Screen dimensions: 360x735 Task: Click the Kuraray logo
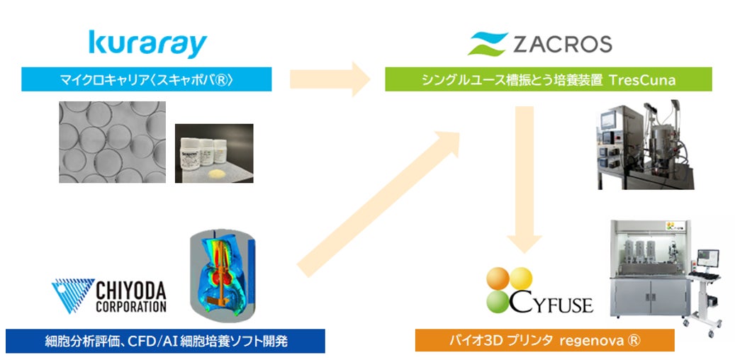tap(147, 43)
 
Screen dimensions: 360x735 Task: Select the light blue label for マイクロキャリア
tap(147, 79)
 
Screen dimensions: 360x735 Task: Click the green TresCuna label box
tap(548, 79)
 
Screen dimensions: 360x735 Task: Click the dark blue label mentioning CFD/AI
tap(165, 341)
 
